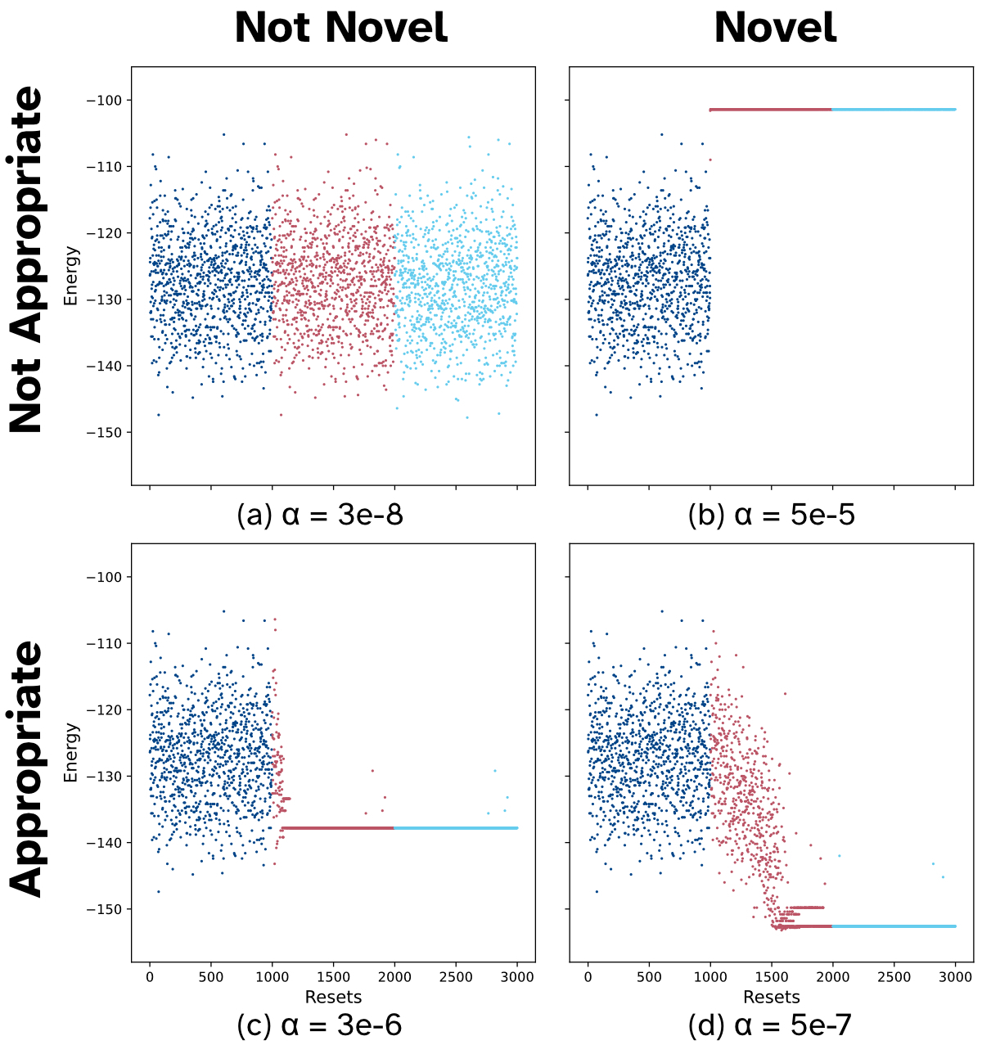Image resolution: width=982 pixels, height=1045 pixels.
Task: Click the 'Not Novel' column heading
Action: tap(340, 28)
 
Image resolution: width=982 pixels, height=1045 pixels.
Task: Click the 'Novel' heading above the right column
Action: tap(775, 28)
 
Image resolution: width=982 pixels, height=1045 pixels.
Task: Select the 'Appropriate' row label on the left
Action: tap(26, 768)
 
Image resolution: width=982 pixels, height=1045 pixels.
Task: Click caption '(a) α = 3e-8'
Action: tap(320, 515)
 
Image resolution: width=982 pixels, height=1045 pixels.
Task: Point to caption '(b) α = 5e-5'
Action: tap(772, 515)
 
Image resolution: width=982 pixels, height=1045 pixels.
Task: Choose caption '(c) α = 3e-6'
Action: tap(319, 1025)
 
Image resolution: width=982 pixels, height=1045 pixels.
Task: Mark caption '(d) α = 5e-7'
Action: tap(772, 1025)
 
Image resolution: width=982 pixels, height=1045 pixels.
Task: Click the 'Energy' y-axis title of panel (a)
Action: tap(71, 276)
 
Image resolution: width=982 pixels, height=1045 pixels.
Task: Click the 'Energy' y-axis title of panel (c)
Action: tap(71, 752)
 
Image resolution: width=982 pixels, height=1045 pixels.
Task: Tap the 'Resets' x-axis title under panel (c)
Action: tap(333, 997)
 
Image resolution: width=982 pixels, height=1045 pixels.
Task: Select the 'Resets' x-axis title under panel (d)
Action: tap(772, 997)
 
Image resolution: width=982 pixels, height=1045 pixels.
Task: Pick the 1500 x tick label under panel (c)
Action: tap(333, 977)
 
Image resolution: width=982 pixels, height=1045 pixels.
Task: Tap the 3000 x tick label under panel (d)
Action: tap(955, 977)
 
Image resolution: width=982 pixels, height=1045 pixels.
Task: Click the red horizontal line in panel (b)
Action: tap(770, 109)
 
